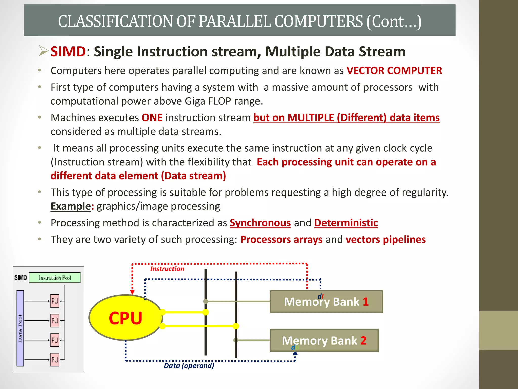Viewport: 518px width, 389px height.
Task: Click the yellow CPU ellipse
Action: tap(125, 317)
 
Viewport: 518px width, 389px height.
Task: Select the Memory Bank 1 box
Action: tap(326, 302)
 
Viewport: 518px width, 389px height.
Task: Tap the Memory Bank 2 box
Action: tap(324, 340)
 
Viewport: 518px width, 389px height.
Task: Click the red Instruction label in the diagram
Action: tap(167, 269)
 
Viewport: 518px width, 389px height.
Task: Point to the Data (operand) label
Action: tap(189, 365)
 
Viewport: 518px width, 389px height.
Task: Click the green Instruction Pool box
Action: tap(55, 278)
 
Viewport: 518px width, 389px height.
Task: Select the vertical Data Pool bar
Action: tap(20, 328)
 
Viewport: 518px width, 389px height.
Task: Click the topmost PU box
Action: tap(55, 301)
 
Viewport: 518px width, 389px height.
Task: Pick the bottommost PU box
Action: tap(55, 360)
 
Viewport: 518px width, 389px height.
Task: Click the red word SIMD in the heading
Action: tap(68, 51)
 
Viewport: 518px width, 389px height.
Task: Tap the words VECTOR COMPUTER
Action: tap(394, 71)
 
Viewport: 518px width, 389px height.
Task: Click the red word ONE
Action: tap(152, 118)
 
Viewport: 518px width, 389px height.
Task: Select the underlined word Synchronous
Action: tap(260, 223)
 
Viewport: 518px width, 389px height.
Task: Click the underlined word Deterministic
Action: tap(346, 223)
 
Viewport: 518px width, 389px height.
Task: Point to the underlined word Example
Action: tap(71, 206)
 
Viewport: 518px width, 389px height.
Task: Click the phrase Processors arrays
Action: tap(281, 239)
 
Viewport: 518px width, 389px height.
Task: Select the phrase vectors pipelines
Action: tap(385, 239)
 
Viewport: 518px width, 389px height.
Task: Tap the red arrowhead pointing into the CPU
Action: tap(132, 292)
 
